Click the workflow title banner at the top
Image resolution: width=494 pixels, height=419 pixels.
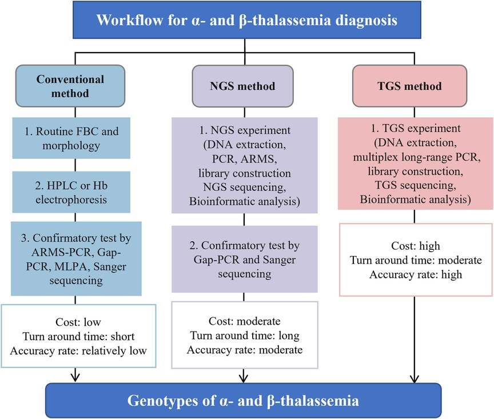point(246,22)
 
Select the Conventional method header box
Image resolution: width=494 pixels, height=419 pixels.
point(70,86)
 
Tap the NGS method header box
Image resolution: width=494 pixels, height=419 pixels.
point(243,87)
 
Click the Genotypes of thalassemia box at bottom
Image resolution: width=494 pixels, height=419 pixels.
point(244,400)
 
